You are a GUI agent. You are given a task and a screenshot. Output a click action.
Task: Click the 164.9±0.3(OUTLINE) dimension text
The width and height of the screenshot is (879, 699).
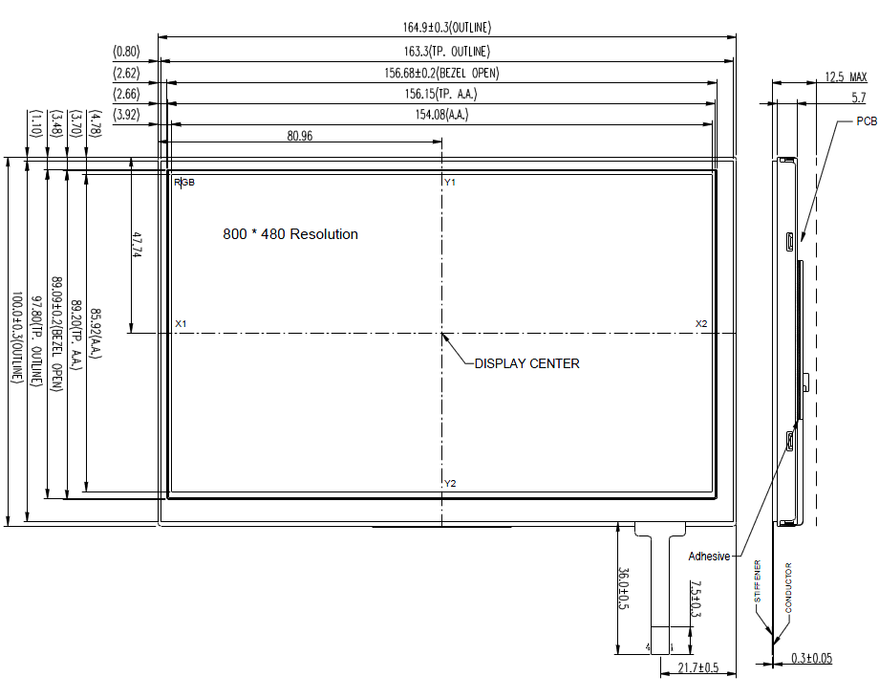point(447,27)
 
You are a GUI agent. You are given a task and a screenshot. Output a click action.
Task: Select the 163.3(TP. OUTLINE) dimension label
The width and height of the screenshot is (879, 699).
point(447,51)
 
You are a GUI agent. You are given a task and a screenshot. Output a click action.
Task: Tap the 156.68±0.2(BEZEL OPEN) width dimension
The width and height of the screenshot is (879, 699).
point(441,73)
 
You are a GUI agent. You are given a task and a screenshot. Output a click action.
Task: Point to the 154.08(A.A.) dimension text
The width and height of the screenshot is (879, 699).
point(441,115)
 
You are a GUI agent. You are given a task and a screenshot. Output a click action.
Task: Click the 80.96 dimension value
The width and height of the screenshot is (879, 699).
point(300,136)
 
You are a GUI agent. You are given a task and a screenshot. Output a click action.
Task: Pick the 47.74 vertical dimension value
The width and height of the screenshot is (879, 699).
point(138,245)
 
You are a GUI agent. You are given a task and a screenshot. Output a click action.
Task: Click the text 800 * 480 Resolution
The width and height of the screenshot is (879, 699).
point(290,234)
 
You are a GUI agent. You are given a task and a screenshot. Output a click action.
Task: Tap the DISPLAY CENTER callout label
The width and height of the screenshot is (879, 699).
point(527,363)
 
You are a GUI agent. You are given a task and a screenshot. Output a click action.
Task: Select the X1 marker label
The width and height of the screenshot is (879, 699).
point(181,324)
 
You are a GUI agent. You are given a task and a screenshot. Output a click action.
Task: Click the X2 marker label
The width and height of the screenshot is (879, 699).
point(701,324)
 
